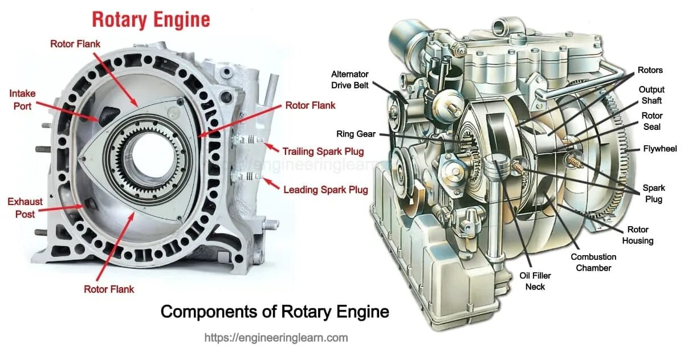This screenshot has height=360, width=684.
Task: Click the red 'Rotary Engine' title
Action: (151, 20)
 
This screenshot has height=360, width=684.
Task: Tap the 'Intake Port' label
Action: (20, 99)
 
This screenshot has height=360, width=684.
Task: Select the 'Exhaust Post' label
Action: (21, 208)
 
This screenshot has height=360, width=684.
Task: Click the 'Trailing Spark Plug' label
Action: (323, 151)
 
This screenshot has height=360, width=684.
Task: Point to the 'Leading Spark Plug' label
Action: (325, 190)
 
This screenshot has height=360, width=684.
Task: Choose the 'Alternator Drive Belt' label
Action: (350, 80)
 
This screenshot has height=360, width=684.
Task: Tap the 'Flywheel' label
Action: (659, 149)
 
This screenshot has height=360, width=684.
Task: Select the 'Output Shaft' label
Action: (652, 95)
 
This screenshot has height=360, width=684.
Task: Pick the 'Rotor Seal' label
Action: (652, 121)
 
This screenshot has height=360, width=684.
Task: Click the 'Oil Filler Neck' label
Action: (535, 281)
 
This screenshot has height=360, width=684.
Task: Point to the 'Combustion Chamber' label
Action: (593, 262)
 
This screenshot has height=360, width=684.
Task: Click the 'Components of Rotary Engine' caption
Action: (275, 312)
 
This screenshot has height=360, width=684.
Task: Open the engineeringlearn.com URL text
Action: (276, 338)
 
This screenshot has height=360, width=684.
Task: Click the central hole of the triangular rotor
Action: (146, 157)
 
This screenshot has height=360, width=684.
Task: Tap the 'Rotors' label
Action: (650, 70)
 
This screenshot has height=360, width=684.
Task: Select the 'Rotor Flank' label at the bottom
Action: (109, 289)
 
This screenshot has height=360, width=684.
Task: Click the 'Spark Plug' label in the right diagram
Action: (653, 194)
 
